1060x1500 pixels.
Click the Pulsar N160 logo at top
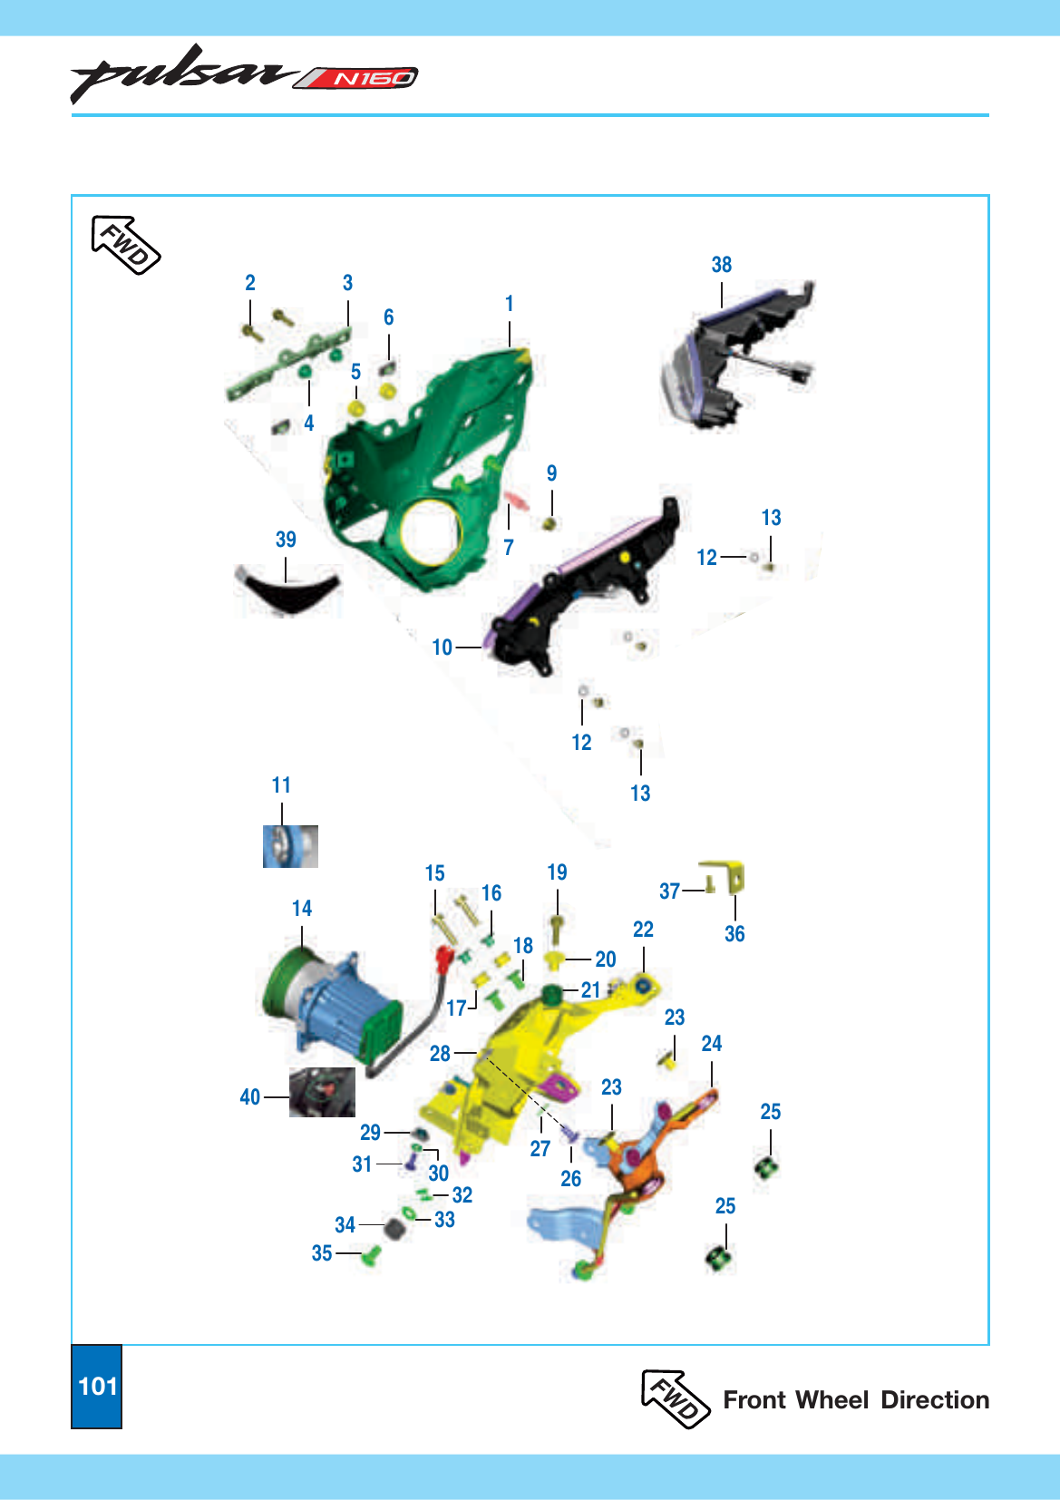click(x=244, y=75)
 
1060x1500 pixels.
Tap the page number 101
click(x=98, y=1386)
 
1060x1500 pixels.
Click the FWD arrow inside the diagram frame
click(x=125, y=245)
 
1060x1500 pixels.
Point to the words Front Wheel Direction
click(x=856, y=1399)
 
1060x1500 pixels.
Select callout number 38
click(x=721, y=265)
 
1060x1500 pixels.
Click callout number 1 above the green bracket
click(x=509, y=303)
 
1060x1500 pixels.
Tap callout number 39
click(x=286, y=539)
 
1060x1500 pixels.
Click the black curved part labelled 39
click(x=289, y=590)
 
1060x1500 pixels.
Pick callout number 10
click(x=442, y=647)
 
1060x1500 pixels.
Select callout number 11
click(x=281, y=784)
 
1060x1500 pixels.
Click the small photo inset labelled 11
click(x=290, y=846)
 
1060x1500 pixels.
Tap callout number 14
click(x=302, y=908)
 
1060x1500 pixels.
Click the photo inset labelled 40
click(x=322, y=1092)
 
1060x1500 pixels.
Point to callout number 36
click(x=734, y=933)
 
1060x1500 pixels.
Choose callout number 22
click(x=643, y=929)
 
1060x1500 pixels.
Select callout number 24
click(x=712, y=1043)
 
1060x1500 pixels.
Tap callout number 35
click(x=322, y=1253)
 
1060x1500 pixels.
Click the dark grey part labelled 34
click(x=394, y=1229)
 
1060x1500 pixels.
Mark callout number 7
click(x=509, y=547)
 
